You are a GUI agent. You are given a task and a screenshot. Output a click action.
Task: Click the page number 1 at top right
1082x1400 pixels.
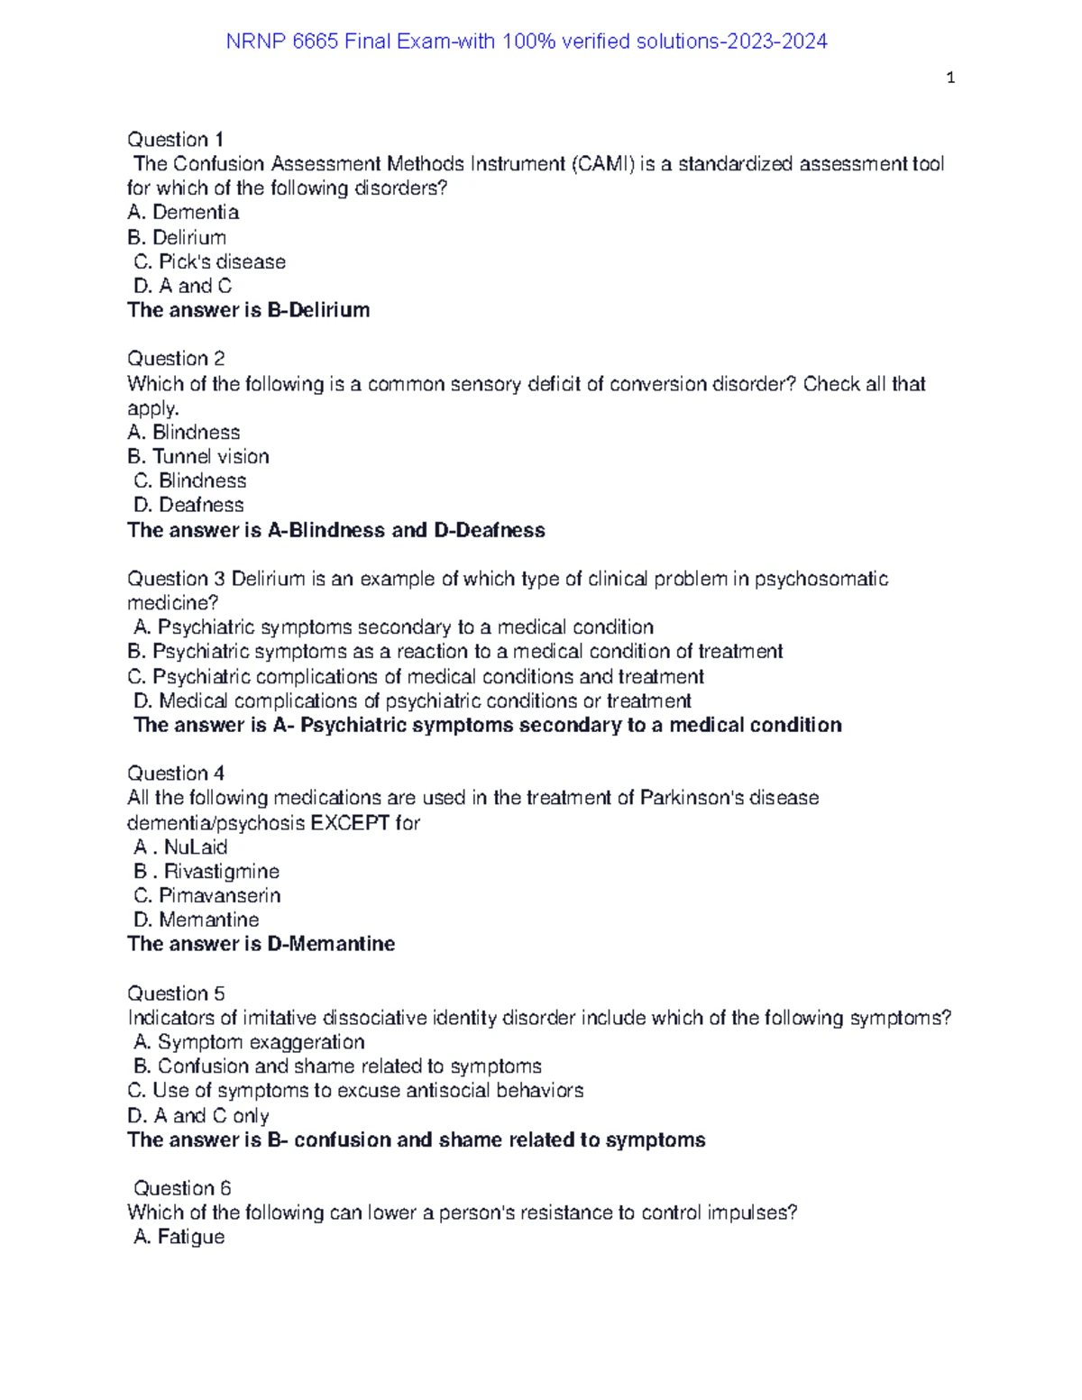click(x=950, y=78)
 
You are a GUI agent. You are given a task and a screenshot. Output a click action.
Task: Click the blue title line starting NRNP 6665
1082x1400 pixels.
click(x=526, y=41)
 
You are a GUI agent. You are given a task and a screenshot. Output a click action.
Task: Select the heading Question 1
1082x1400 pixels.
click(x=175, y=140)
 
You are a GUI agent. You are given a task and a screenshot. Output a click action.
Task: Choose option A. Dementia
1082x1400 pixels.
click(x=183, y=213)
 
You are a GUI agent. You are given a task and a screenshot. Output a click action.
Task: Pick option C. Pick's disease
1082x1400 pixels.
click(x=209, y=261)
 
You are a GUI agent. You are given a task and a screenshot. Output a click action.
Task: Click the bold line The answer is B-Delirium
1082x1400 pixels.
click(x=249, y=310)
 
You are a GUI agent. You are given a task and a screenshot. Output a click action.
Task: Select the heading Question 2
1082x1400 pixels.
click(x=176, y=359)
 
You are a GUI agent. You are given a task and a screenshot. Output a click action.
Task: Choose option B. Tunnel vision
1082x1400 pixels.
click(x=198, y=457)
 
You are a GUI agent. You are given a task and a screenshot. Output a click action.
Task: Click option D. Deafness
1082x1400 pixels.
click(x=188, y=506)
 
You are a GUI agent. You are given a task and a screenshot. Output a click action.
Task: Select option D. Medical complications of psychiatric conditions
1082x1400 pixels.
click(x=412, y=701)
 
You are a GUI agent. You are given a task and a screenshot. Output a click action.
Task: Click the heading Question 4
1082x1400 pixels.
click(x=176, y=773)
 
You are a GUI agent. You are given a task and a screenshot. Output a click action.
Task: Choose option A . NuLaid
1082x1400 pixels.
click(x=180, y=847)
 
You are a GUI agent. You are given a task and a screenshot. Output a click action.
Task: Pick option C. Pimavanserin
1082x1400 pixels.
click(x=206, y=896)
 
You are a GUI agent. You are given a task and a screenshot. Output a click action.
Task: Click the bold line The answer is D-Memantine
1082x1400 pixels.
click(x=261, y=945)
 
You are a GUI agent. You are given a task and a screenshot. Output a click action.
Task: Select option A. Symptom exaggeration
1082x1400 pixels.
click(x=249, y=1043)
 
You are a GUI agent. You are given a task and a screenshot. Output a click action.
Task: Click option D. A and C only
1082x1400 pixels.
click(x=198, y=1116)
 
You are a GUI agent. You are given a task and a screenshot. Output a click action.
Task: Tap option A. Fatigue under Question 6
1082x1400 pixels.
click(x=179, y=1237)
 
